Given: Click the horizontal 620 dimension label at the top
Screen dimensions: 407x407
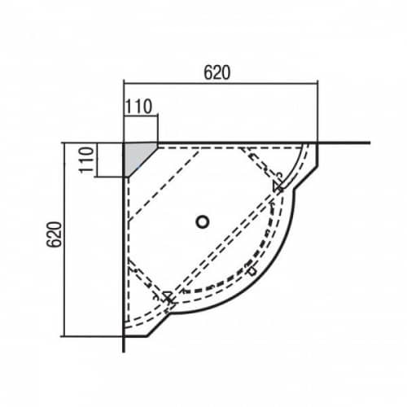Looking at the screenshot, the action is (217, 72).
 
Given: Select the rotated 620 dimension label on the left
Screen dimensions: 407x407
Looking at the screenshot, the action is (54, 234).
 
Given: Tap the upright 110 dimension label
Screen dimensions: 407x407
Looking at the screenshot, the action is (138, 107).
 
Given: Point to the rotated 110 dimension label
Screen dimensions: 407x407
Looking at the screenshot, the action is (87, 160).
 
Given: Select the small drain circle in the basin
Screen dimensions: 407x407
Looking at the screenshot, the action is (202, 221).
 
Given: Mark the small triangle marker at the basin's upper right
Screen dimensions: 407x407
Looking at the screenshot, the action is (278, 187).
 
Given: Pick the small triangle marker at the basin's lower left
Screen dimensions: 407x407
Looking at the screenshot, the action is (168, 295).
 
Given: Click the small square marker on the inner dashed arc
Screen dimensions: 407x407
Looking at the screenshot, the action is (252, 272).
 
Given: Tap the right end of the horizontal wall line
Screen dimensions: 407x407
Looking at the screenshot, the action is (370, 142).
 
